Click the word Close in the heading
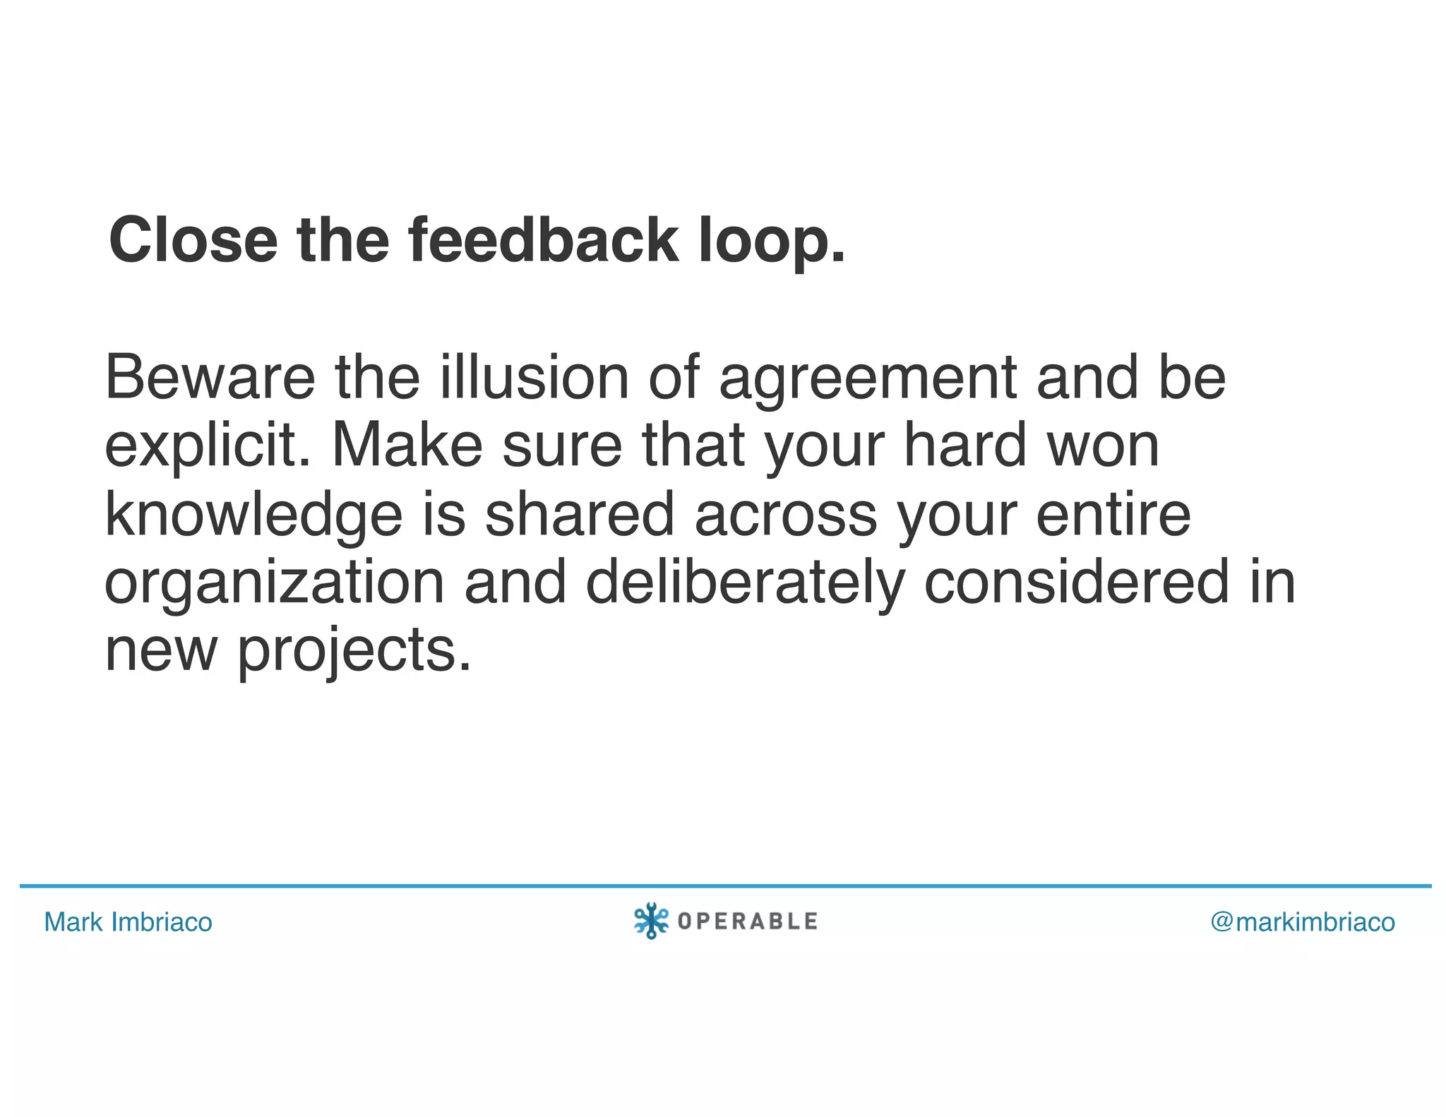(193, 240)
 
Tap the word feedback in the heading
(544, 240)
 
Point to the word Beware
(210, 378)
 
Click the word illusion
(534, 378)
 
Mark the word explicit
(208, 446)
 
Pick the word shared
(579, 514)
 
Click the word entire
(1113, 514)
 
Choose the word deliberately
(745, 583)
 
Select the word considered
(1077, 583)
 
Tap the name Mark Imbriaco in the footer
(128, 922)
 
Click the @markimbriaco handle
(1303, 922)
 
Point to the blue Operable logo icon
(651, 921)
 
